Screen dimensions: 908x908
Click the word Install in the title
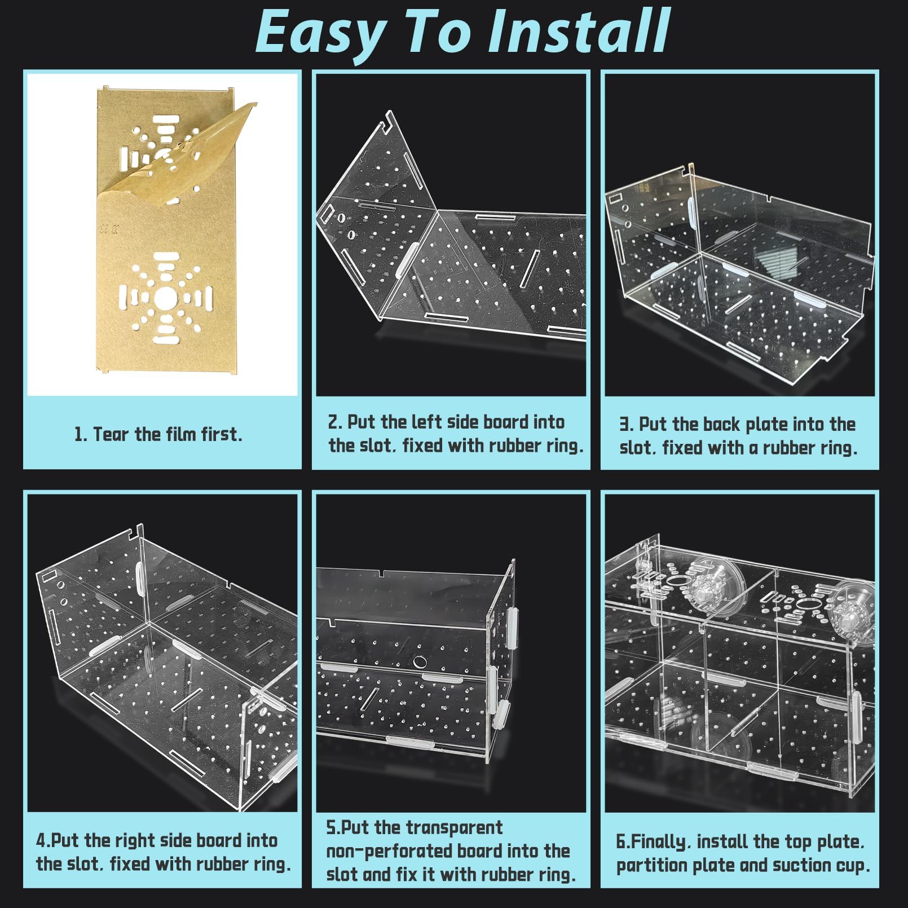(579, 32)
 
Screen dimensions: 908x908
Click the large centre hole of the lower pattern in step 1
(165, 298)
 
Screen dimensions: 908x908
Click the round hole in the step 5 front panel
(419, 662)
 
